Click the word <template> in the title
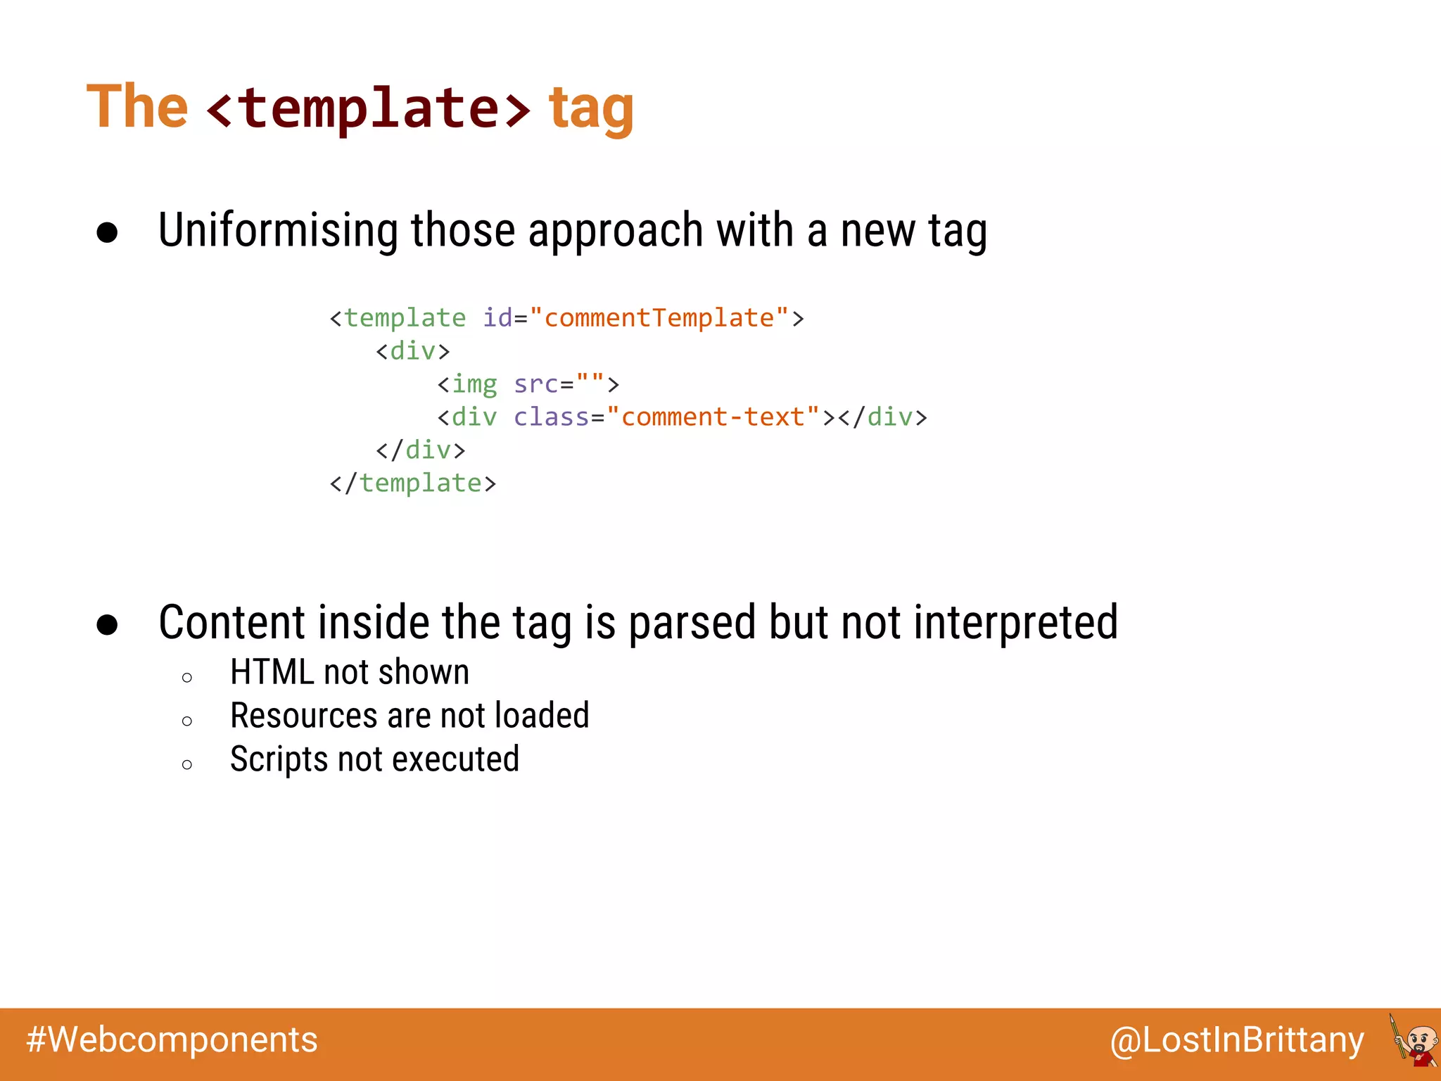(368, 108)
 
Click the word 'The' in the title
(137, 107)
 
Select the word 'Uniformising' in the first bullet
(278, 231)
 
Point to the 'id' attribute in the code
(497, 318)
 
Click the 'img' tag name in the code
(474, 384)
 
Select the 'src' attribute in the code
(535, 384)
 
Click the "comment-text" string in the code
(713, 417)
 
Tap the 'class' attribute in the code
(551, 417)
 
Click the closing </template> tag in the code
(413, 483)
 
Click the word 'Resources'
(303, 716)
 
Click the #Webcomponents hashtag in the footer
(172, 1040)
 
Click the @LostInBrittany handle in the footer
(1236, 1040)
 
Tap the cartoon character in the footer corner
(1414, 1042)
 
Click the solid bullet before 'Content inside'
(107, 625)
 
